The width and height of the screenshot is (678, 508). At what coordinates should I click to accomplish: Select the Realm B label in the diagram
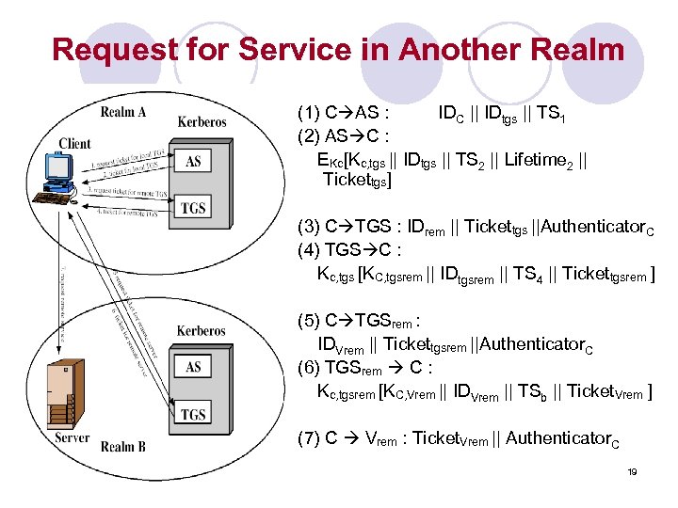(x=123, y=446)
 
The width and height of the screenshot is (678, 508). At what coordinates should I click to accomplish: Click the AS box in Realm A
(x=193, y=162)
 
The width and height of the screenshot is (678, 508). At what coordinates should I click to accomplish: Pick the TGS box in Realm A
(x=193, y=208)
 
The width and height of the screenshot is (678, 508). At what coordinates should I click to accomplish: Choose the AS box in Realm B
(x=193, y=367)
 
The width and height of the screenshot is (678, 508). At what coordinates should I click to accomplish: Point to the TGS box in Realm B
(x=193, y=414)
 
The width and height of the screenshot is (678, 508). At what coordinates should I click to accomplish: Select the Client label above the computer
(x=74, y=144)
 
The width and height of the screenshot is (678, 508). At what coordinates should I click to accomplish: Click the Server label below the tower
(x=73, y=438)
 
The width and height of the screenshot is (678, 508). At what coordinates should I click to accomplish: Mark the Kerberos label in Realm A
(x=202, y=122)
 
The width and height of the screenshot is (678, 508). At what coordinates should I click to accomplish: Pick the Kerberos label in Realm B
(x=201, y=330)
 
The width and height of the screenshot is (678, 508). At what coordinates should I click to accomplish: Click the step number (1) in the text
(x=308, y=114)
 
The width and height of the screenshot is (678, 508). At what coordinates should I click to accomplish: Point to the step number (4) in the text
(x=308, y=251)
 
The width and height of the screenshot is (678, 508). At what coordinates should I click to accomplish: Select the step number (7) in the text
(x=308, y=437)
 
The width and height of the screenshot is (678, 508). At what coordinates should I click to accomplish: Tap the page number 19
(x=632, y=470)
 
